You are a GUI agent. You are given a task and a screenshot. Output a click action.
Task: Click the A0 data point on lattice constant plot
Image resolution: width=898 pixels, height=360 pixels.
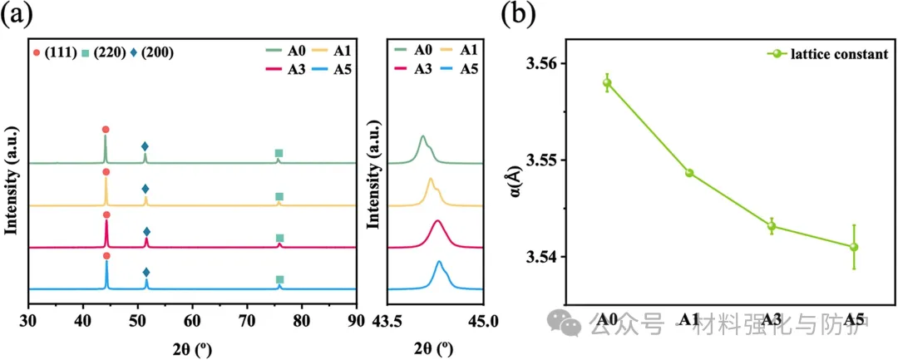click(x=607, y=82)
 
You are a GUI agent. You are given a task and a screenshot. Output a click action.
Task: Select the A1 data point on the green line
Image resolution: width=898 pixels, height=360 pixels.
click(x=689, y=173)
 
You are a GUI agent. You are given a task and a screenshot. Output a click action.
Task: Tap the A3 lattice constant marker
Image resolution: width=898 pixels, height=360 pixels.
click(x=772, y=226)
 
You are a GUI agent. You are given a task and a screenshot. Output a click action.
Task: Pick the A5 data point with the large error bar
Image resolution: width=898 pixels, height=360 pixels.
click(x=854, y=247)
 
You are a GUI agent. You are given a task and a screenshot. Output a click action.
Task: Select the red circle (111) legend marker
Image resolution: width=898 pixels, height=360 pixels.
click(x=37, y=53)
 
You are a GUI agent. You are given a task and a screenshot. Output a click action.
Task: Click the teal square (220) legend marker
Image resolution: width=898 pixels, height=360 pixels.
click(x=86, y=53)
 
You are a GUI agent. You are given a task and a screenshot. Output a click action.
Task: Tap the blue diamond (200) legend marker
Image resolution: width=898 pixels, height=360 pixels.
click(x=134, y=53)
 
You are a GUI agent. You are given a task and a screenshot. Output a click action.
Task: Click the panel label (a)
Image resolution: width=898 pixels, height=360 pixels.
click(x=17, y=15)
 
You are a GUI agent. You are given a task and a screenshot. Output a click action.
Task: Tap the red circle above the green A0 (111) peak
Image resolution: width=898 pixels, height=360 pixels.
click(x=106, y=130)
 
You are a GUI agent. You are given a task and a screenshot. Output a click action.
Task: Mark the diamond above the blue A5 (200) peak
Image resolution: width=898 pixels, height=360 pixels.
click(x=146, y=273)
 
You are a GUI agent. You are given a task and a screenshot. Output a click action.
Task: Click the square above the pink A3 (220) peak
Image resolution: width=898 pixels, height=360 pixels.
click(x=279, y=238)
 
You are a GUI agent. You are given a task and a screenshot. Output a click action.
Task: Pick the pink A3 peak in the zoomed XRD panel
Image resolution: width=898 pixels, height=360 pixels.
click(x=438, y=221)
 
